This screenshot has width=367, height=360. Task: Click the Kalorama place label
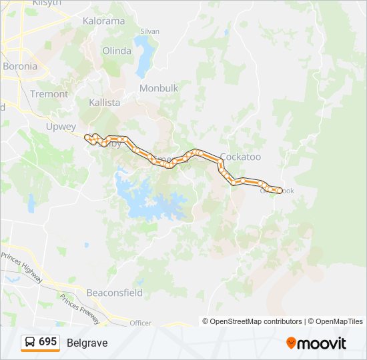coord(103,21)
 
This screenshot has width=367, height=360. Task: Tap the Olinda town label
coord(117,51)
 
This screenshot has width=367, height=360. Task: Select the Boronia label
coord(20,66)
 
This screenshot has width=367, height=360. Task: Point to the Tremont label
coord(49,94)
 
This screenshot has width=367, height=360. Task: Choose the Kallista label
coord(105,103)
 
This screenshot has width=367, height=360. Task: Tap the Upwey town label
coord(61,126)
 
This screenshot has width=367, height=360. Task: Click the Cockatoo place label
coord(240,157)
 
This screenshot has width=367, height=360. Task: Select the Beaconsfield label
coord(114,292)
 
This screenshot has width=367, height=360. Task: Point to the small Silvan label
coord(149,31)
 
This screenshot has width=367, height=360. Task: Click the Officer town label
coord(141,323)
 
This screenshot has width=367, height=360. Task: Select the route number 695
coord(47,342)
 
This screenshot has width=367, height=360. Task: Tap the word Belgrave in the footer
coord(87,343)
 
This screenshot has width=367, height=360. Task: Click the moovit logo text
coord(322,343)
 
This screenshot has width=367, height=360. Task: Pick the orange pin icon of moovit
coord(291,343)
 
